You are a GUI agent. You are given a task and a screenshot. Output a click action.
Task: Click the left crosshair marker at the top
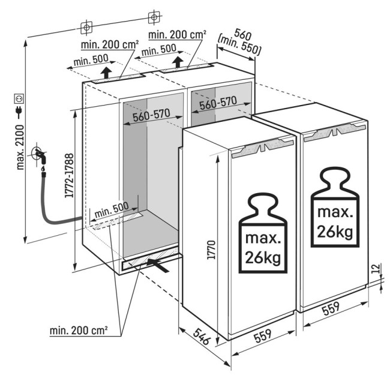tap(87, 27)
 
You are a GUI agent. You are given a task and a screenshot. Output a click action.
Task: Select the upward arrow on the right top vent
tap(178, 62)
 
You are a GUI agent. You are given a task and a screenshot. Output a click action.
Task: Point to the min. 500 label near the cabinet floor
tap(112, 207)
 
